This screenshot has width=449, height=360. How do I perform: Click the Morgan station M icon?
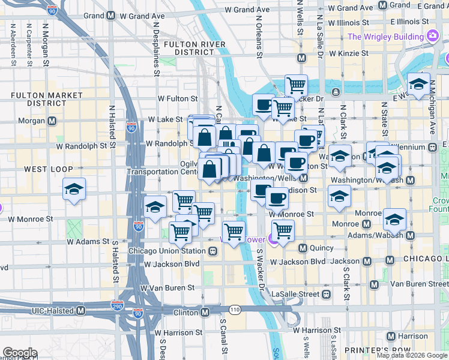[x=52, y=121]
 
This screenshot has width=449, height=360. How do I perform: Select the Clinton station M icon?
[x=205, y=312]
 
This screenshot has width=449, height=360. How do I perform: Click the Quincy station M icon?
[x=303, y=248]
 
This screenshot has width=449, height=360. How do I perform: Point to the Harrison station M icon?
[x=391, y=336]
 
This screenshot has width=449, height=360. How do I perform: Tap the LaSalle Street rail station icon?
[x=326, y=295]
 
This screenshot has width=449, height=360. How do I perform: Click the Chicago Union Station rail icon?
[x=212, y=251]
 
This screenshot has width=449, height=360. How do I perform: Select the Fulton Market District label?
[x=47, y=99]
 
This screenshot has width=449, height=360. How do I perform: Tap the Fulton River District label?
[x=194, y=48]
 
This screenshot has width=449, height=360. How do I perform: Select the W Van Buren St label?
[x=167, y=287]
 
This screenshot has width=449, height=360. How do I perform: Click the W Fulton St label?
[x=178, y=98]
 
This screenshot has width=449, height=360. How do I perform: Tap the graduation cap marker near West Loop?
[x=74, y=190]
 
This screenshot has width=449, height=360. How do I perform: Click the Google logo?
[x=19, y=353]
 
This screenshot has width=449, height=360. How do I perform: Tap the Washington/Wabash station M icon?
[x=410, y=180]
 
